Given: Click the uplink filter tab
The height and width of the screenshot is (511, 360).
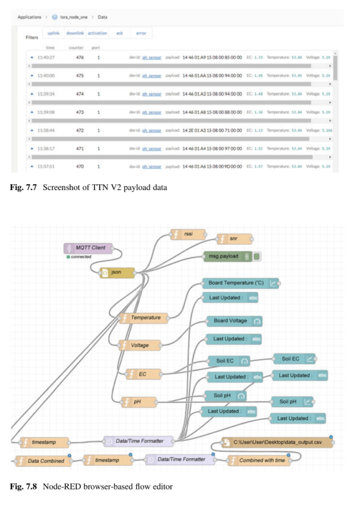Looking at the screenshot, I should pyautogui.click(x=53, y=33).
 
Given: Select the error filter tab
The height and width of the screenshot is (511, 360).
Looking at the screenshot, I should pyautogui.click(x=141, y=33).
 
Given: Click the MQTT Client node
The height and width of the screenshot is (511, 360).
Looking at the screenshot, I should pyautogui.click(x=88, y=248).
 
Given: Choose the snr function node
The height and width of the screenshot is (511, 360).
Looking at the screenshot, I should pyautogui.click(x=234, y=239).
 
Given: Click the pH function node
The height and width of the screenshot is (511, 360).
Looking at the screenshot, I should pyautogui.click(x=139, y=402).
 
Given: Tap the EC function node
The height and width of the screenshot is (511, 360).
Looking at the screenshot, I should pyautogui.click(x=143, y=374).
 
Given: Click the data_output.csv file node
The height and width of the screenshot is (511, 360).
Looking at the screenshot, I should pyautogui.click(x=277, y=442).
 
